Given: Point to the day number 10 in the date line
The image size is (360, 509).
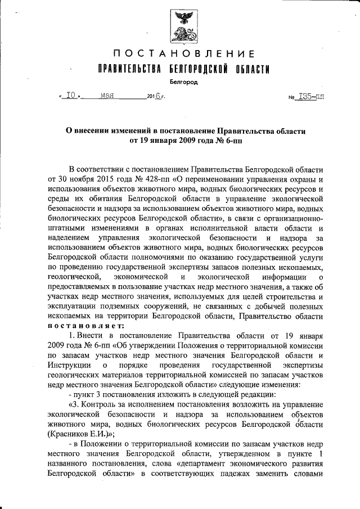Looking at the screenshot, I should point(71,96).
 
